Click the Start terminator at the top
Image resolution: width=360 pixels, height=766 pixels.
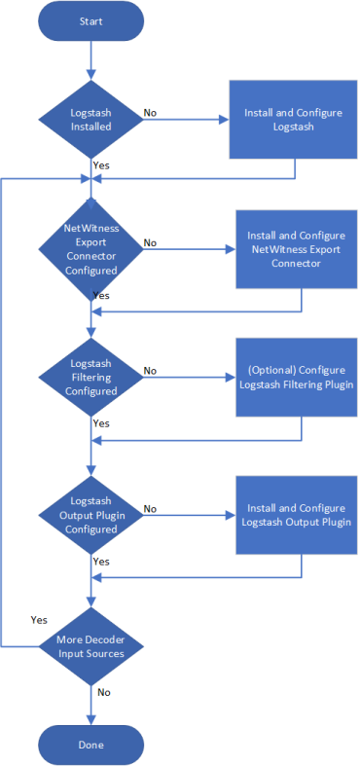click(x=90, y=20)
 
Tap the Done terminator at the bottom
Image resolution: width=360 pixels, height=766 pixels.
click(x=90, y=745)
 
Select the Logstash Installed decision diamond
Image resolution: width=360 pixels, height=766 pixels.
click(x=90, y=120)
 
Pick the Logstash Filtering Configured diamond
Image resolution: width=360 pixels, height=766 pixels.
click(x=90, y=377)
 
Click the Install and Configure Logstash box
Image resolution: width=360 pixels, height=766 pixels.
click(x=294, y=120)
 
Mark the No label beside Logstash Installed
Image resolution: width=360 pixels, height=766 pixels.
click(x=151, y=113)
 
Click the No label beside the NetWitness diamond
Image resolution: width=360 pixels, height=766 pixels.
click(x=151, y=242)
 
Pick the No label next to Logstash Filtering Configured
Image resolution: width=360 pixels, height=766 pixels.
click(x=151, y=371)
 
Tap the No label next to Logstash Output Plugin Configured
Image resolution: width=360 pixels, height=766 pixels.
click(x=151, y=508)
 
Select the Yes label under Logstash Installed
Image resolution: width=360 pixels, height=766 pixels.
click(x=101, y=165)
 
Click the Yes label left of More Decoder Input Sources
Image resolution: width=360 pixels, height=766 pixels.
click(x=39, y=619)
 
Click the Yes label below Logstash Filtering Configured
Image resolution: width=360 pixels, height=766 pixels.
click(x=101, y=423)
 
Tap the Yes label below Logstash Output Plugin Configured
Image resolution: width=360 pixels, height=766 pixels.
click(x=101, y=562)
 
